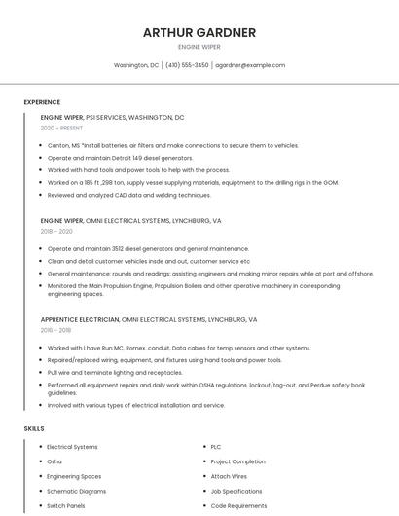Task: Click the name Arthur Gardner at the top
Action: coord(199,32)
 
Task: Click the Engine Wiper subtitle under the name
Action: coord(199,47)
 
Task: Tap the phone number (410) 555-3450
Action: coord(187,65)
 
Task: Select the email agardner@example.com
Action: coord(250,65)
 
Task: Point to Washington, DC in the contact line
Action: coord(136,65)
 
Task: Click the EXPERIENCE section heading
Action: coord(42,102)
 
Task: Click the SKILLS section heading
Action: coord(34,428)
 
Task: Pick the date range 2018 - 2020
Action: coord(56,232)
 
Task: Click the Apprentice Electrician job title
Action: coord(79,319)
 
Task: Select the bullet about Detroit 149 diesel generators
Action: coord(120,158)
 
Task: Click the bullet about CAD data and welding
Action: coord(128,195)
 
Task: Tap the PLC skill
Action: coord(216,447)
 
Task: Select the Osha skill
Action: coord(54,461)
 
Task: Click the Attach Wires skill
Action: coord(229,476)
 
